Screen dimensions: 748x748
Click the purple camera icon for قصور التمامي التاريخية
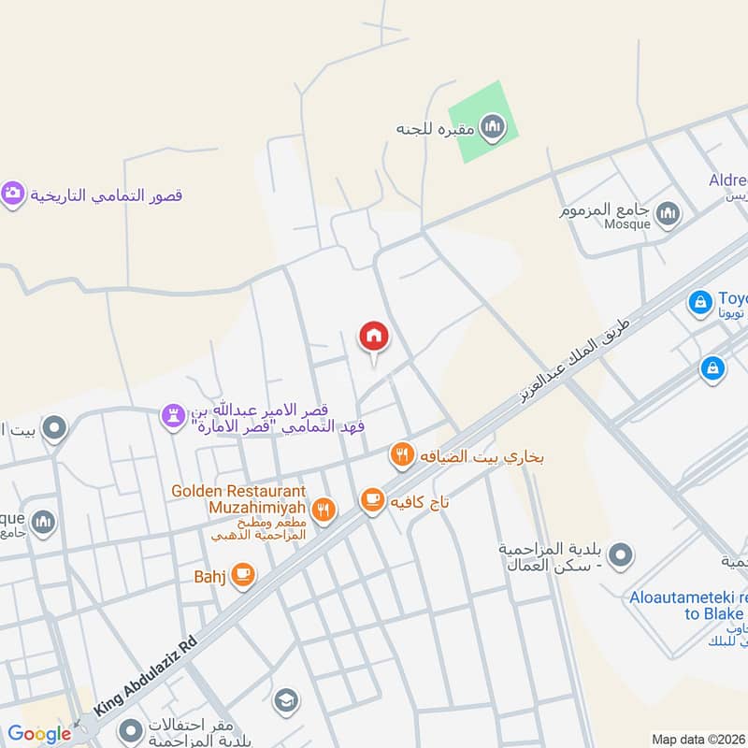[12, 194]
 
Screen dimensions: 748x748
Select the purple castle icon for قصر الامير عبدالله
[173, 417]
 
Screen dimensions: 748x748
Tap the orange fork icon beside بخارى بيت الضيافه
[402, 455]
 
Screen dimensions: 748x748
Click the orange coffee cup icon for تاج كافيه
[372, 501]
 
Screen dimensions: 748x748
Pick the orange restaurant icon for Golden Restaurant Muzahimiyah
[324, 510]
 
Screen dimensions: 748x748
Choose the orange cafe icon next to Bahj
[242, 575]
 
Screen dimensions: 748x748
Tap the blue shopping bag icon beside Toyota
[699, 301]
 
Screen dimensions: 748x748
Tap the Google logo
[39, 734]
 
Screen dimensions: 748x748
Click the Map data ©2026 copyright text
[697, 739]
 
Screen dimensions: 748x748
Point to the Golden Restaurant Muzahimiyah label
[238, 499]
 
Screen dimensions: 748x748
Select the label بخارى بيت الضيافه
[482, 457]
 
